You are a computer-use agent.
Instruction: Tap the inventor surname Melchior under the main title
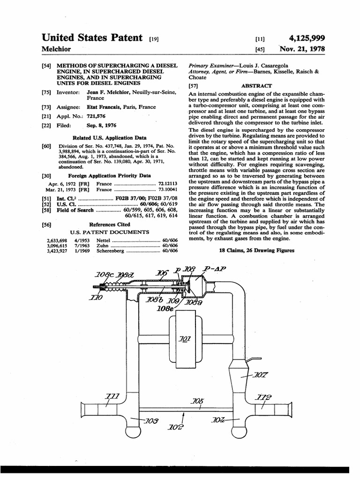56,49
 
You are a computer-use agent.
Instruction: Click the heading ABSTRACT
256,86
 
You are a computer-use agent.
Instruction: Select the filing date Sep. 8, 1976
102,126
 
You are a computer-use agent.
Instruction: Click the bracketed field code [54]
46,66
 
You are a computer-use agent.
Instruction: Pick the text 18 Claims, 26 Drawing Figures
257,251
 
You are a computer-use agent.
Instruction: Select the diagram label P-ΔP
215,269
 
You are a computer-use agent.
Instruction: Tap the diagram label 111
112,397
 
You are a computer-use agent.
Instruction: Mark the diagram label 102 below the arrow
178,427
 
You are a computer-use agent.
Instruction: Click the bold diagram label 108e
165,309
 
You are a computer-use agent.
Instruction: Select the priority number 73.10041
168,190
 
